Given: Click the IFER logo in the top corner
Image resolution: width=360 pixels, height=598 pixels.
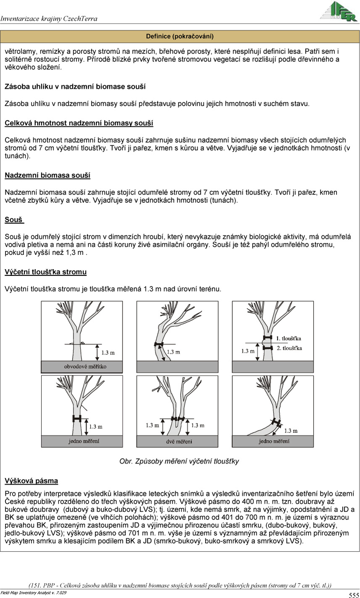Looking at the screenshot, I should (x=338, y=12).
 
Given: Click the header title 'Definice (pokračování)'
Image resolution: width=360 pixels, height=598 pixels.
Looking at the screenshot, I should (x=180, y=36).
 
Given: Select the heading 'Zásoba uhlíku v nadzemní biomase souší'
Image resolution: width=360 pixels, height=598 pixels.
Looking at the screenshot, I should (x=75, y=87).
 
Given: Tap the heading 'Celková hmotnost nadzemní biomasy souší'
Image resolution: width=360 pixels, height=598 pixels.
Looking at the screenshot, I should (x=79, y=123).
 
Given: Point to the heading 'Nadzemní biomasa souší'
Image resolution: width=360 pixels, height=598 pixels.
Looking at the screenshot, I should (x=47, y=175).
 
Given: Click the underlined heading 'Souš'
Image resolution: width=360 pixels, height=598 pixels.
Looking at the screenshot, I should (x=14, y=220).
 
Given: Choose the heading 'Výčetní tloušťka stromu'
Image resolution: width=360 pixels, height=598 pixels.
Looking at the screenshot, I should (x=46, y=272).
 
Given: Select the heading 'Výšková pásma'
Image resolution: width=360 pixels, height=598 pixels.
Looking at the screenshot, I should (x=32, y=480).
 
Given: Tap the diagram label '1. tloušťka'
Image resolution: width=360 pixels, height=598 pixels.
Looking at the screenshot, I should (x=289, y=338).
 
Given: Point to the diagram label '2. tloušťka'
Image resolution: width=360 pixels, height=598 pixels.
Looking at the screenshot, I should (x=289, y=348).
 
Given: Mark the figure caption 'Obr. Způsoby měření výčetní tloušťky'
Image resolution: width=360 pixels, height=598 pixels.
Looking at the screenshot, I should (x=179, y=461).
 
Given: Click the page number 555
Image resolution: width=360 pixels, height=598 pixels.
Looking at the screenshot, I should (x=353, y=595).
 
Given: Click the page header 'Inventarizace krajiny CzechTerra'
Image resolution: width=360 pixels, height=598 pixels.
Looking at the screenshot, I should (x=49, y=18).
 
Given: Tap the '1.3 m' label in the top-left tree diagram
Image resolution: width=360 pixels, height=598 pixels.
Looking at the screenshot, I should (x=108, y=352).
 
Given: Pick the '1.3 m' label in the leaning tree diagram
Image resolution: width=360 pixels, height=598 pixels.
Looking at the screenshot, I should (x=173, y=352).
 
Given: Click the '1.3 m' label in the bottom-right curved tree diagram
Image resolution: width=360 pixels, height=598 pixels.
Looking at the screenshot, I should (x=291, y=430).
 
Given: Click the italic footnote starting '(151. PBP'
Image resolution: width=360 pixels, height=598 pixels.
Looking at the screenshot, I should (x=180, y=585).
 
